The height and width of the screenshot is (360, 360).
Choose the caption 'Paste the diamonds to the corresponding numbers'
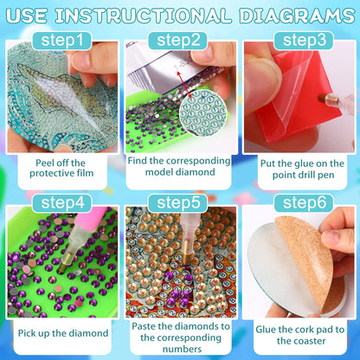(179, 333)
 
